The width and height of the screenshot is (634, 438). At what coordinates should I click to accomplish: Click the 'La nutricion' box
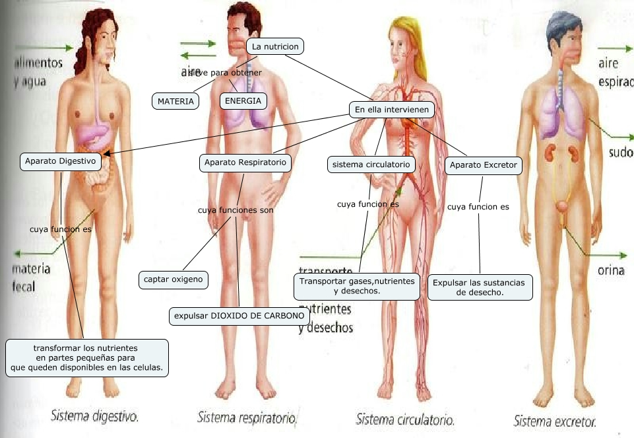click(x=276, y=46)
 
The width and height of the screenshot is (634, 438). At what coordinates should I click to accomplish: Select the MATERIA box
click(x=175, y=101)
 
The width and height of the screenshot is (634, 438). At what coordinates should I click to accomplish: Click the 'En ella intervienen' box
click(x=392, y=110)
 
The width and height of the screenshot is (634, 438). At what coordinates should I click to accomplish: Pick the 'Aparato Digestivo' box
click(x=60, y=161)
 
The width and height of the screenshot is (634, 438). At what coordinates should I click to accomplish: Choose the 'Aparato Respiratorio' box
click(x=245, y=163)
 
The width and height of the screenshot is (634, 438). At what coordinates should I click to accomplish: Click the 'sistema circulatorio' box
click(x=371, y=164)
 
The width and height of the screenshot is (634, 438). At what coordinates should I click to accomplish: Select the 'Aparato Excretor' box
click(x=484, y=165)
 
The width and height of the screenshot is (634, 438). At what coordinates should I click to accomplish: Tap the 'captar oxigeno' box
click(x=174, y=279)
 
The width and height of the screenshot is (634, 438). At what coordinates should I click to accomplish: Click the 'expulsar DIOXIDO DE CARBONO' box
click(x=239, y=316)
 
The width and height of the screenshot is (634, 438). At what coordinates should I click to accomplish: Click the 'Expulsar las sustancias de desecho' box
click(x=480, y=287)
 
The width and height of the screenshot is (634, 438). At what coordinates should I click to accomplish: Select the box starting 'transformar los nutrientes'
click(x=86, y=357)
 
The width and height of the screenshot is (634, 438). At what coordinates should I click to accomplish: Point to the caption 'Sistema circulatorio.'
click(x=405, y=419)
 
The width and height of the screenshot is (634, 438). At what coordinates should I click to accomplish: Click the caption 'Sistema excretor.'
click(x=555, y=420)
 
